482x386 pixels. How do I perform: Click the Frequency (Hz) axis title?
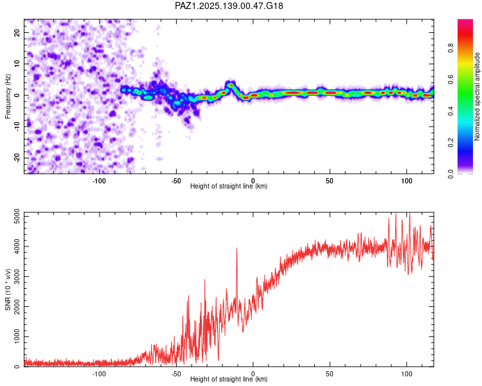(8, 95)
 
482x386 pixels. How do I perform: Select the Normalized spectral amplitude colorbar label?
(478, 96)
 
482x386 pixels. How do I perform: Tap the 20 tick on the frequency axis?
(17, 32)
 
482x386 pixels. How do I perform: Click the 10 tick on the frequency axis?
(17, 64)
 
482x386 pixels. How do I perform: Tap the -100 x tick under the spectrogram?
(99, 181)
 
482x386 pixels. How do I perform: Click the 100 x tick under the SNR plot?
(407, 374)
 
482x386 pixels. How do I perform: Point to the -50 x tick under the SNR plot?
(176, 374)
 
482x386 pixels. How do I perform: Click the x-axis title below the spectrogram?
(229, 187)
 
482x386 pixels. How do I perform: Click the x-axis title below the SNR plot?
(229, 380)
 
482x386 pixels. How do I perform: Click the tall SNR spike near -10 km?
(237, 250)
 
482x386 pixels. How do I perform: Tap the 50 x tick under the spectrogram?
(330, 181)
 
